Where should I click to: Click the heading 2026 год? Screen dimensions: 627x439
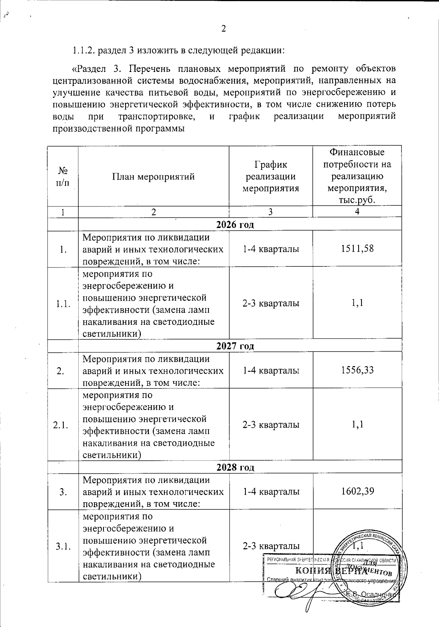pos(235,224)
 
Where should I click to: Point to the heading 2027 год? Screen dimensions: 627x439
pos(235,346)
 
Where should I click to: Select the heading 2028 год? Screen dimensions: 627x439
pos(235,467)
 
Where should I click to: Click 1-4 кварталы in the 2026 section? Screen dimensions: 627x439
pos(271,249)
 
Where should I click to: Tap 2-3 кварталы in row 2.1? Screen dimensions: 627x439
pos(271,425)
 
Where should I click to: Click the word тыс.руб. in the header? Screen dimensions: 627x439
pos(357,200)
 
